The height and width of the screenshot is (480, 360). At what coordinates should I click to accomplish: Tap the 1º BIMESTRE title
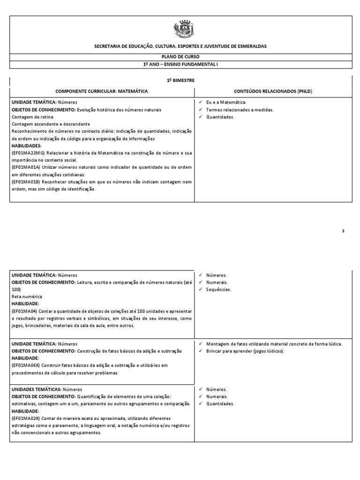(x=180, y=81)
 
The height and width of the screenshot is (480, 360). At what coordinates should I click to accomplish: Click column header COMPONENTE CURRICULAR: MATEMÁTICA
(x=102, y=90)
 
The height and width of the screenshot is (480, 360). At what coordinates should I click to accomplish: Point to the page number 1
(x=343, y=231)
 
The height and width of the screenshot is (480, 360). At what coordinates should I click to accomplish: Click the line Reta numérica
(x=27, y=297)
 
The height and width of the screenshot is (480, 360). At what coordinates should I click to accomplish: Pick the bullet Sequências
(x=218, y=289)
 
